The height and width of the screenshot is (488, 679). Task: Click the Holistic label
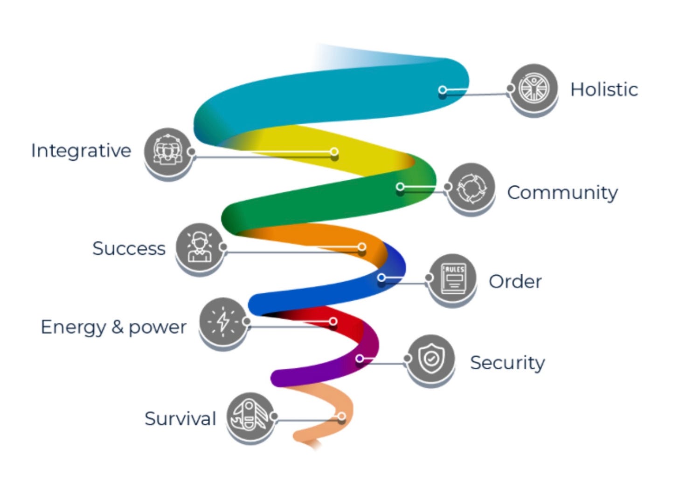[x=604, y=89]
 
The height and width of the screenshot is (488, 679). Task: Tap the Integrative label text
[x=81, y=151]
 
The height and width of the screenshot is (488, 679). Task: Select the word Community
[x=562, y=193]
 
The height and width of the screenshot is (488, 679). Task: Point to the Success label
[x=129, y=249]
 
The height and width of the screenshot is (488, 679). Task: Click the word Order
[x=515, y=282]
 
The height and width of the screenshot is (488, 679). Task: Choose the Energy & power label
[x=114, y=327]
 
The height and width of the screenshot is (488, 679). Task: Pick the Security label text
[x=507, y=363]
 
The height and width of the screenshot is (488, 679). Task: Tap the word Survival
[x=180, y=419]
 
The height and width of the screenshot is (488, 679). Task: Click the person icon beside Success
[x=200, y=247]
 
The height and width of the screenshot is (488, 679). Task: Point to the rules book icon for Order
[x=453, y=278]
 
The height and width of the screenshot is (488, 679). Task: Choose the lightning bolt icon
[x=223, y=321]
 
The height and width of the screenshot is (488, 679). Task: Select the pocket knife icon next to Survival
[x=250, y=416]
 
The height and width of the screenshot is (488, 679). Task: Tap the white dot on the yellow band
[x=334, y=152]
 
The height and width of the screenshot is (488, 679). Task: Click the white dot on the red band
[x=333, y=321]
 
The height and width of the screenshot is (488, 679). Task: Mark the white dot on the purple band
[x=360, y=359]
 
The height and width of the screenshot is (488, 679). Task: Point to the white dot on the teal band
[x=443, y=89]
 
